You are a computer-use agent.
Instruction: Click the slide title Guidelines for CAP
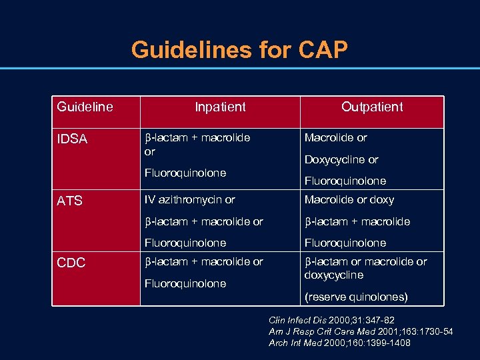pyautogui.click(x=239, y=50)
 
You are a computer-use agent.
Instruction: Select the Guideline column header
pyautogui.click(x=85, y=107)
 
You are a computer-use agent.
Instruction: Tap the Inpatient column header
pyautogui.click(x=220, y=107)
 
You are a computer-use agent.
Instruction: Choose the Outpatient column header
pyautogui.click(x=372, y=107)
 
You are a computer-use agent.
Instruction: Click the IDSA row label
pyautogui.click(x=72, y=139)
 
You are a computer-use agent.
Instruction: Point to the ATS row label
pyautogui.click(x=69, y=201)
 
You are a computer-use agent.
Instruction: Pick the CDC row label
pyautogui.click(x=71, y=263)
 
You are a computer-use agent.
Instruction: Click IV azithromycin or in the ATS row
pyautogui.click(x=190, y=200)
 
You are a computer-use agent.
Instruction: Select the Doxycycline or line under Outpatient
pyautogui.click(x=341, y=160)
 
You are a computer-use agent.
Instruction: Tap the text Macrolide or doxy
pyautogui.click(x=349, y=200)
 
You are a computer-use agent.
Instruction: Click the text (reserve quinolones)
pyautogui.click(x=356, y=297)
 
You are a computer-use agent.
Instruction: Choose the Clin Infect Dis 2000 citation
pyautogui.click(x=331, y=320)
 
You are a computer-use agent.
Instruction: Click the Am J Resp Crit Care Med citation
pyautogui.click(x=360, y=331)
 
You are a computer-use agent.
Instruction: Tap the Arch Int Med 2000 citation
pyautogui.click(x=339, y=343)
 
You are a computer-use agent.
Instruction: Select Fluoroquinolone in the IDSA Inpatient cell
pyautogui.click(x=185, y=173)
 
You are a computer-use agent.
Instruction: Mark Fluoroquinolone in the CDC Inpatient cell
pyautogui.click(x=185, y=283)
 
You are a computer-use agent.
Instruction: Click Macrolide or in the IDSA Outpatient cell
pyautogui.click(x=336, y=138)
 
